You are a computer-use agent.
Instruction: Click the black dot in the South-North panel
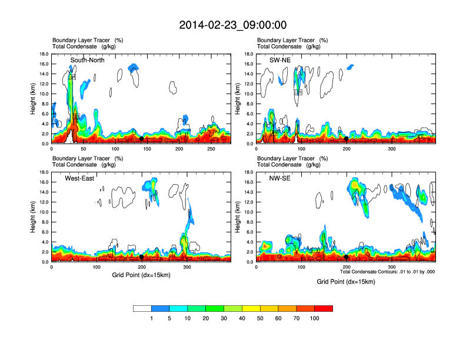[142, 138]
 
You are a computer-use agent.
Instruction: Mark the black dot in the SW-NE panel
[347, 138]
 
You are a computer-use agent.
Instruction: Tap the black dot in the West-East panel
[142, 256]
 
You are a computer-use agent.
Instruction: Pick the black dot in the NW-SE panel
[347, 256]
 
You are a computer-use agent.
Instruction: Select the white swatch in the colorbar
[142, 308]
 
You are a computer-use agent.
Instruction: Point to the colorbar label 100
[314, 318]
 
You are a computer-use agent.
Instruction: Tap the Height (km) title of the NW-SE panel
[238, 217]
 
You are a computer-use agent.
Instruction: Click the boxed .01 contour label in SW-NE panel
[298, 92]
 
